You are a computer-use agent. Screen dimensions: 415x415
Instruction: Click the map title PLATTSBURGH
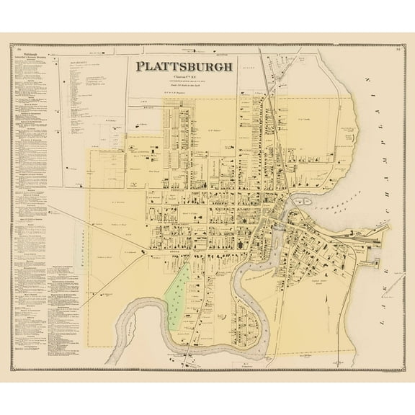[x=184, y=67]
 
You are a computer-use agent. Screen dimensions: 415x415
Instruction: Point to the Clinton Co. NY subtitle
[x=184, y=76]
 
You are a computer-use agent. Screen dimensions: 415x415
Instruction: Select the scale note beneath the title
[x=184, y=87]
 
